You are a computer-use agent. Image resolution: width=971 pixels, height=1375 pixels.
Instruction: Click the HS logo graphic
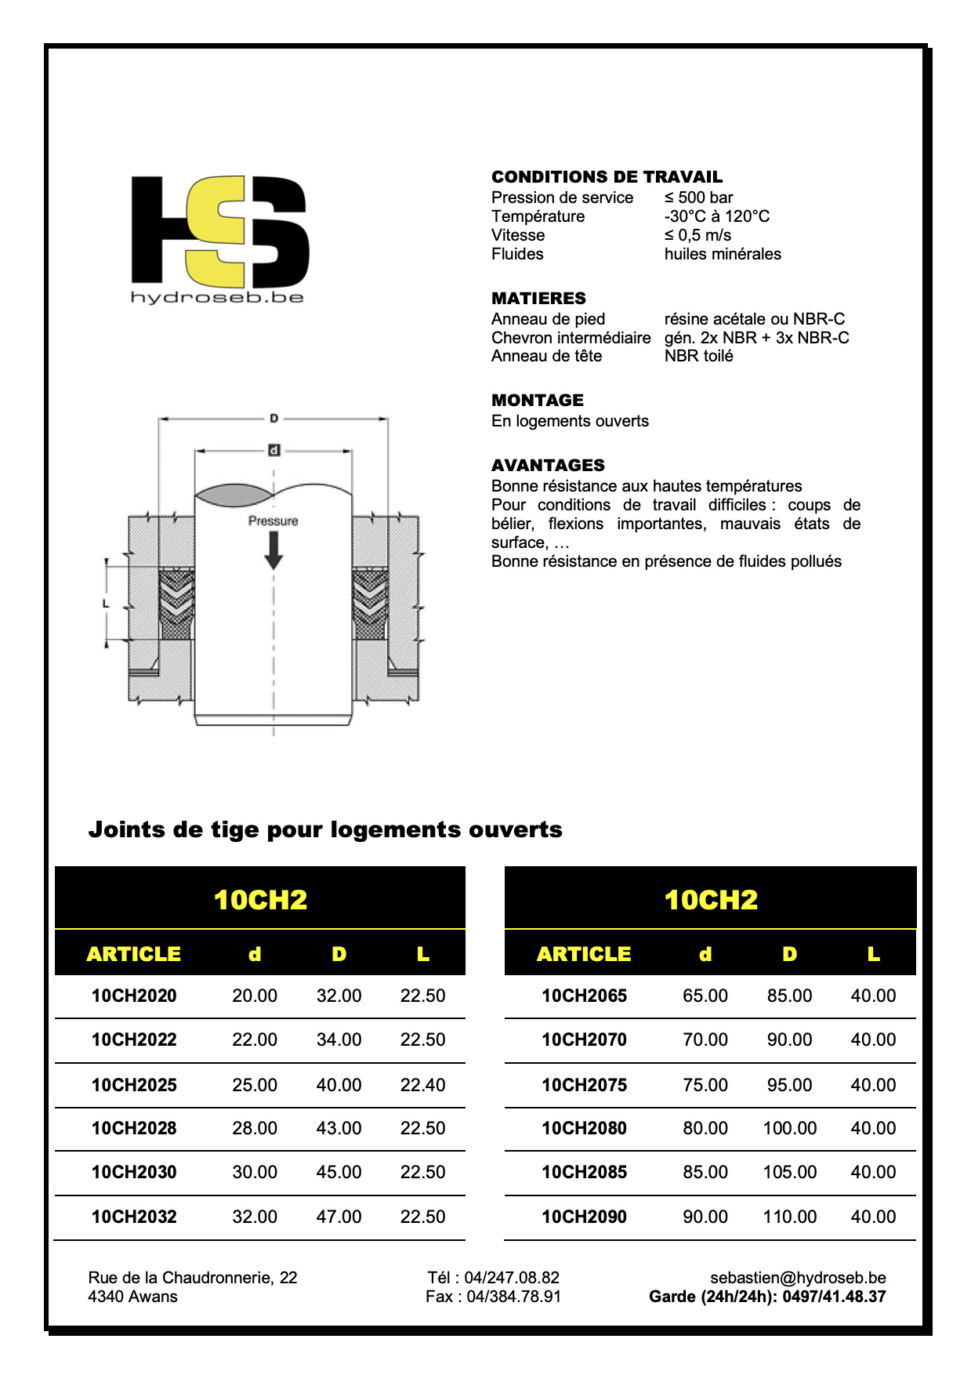[x=219, y=231]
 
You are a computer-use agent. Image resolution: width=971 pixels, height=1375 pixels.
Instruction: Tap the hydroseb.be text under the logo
[x=217, y=297]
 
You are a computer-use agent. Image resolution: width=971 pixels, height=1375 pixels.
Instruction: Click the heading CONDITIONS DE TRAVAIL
[x=607, y=177]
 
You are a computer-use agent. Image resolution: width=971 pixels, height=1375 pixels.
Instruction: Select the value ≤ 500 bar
[x=698, y=198]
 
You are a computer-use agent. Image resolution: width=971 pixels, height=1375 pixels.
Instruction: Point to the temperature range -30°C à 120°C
[x=716, y=216]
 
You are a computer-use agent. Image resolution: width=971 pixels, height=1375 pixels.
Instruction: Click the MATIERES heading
[x=538, y=299]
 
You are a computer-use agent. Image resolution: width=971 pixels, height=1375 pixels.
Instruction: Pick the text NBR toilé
[x=698, y=356]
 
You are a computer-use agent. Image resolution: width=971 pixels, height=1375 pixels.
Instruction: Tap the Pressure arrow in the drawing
[x=274, y=550]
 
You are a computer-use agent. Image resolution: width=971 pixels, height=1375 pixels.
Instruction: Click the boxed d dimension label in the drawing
[x=274, y=450]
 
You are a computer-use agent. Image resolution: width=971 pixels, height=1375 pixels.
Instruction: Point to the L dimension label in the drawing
[x=106, y=604]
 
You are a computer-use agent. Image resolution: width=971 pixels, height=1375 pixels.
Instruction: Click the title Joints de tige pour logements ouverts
[x=325, y=829]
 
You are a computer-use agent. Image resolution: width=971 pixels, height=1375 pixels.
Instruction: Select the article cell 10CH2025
[x=134, y=1085]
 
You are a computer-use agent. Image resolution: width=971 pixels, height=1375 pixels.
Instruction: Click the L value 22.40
[x=422, y=1085]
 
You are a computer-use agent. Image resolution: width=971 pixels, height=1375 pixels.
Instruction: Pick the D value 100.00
[x=789, y=1128]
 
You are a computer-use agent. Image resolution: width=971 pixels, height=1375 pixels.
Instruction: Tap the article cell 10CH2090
[x=584, y=1217]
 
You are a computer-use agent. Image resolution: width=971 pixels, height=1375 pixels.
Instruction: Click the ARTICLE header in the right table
[x=584, y=954]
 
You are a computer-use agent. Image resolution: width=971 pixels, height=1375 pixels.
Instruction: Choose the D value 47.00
[x=339, y=1217]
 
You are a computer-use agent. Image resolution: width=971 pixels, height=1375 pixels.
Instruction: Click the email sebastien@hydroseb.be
[x=798, y=1278]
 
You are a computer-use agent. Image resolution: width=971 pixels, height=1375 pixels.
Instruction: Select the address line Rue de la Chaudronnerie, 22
[x=193, y=1278]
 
